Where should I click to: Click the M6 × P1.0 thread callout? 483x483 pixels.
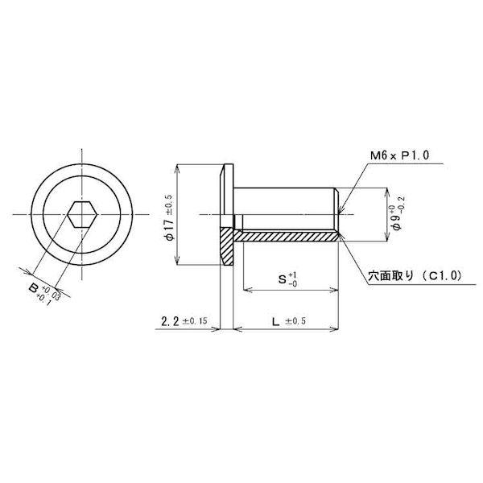tap(399, 155)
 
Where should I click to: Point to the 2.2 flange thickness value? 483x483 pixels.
tap(170, 321)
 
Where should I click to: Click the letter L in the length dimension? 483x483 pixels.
tap(275, 322)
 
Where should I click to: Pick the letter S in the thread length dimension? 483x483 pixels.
tap(283, 279)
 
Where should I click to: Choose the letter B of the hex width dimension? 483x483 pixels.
tap(33, 289)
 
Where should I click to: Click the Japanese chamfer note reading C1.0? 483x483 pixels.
tap(415, 276)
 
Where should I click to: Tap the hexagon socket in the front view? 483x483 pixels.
tap(82, 214)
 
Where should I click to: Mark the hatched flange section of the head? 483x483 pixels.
tap(226, 246)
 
